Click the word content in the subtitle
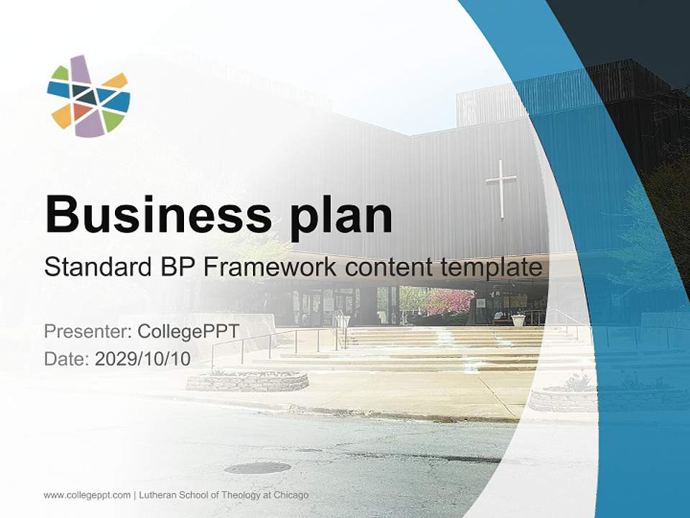392,268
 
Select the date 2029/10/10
143,359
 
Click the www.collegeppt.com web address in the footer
87,495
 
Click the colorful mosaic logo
88,96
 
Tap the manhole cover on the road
257,468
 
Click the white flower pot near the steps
518,319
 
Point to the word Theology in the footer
237,495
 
